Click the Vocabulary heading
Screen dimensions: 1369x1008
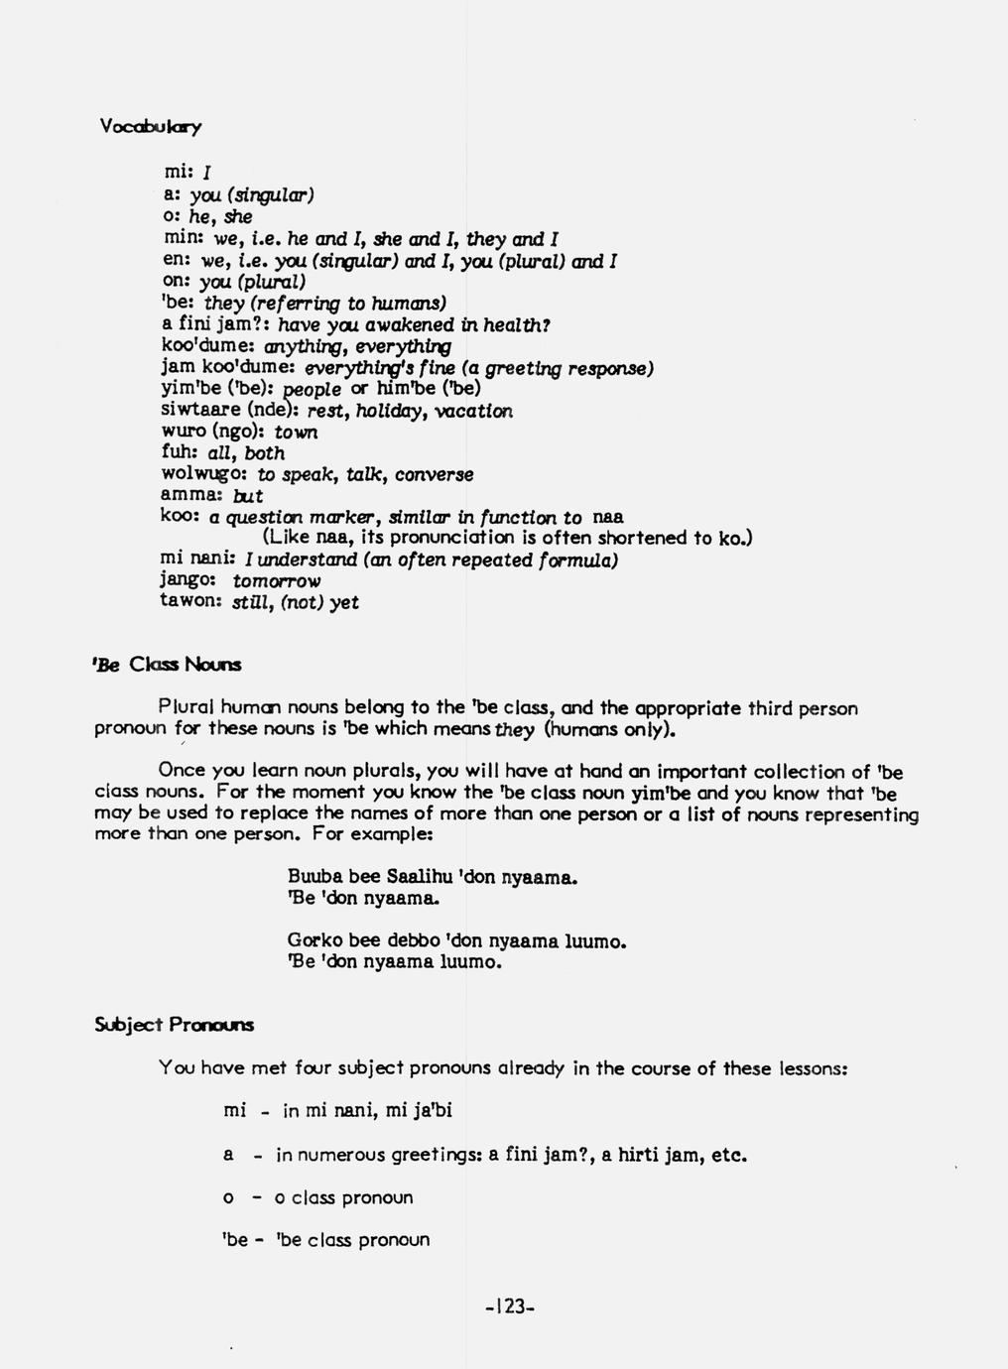[x=151, y=127]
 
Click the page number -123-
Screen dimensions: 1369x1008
[x=510, y=1307]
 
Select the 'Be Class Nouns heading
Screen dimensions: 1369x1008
[x=168, y=665]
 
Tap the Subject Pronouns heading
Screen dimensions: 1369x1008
[x=174, y=1025]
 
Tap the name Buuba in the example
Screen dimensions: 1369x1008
[x=311, y=877]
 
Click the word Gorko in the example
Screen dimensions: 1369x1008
[x=312, y=940]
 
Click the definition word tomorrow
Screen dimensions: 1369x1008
[x=277, y=581]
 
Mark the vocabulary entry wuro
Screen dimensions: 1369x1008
[x=183, y=433]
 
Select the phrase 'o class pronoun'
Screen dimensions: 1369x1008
[x=343, y=1197]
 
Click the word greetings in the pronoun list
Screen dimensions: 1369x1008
[x=430, y=1156]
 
